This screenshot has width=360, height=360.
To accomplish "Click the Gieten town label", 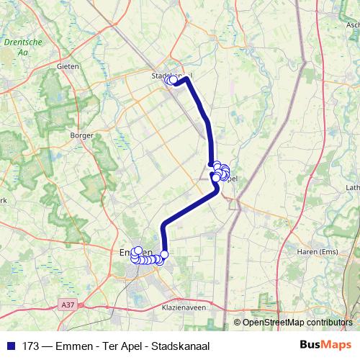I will coord(67,66).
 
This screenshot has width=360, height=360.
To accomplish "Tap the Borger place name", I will coord(78,135).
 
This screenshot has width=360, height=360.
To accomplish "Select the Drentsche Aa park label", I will coord(17,48).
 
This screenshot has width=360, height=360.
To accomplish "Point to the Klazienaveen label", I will coord(179,307).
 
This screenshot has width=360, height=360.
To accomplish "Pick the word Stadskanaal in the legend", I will coord(180,346).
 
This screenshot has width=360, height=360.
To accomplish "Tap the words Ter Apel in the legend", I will coord(121,346).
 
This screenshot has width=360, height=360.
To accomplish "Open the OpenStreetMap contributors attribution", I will coord(297,323).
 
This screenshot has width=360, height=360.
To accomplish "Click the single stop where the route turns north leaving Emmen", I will coord(164,253).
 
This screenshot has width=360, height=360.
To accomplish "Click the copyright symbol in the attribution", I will coord(238,323).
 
